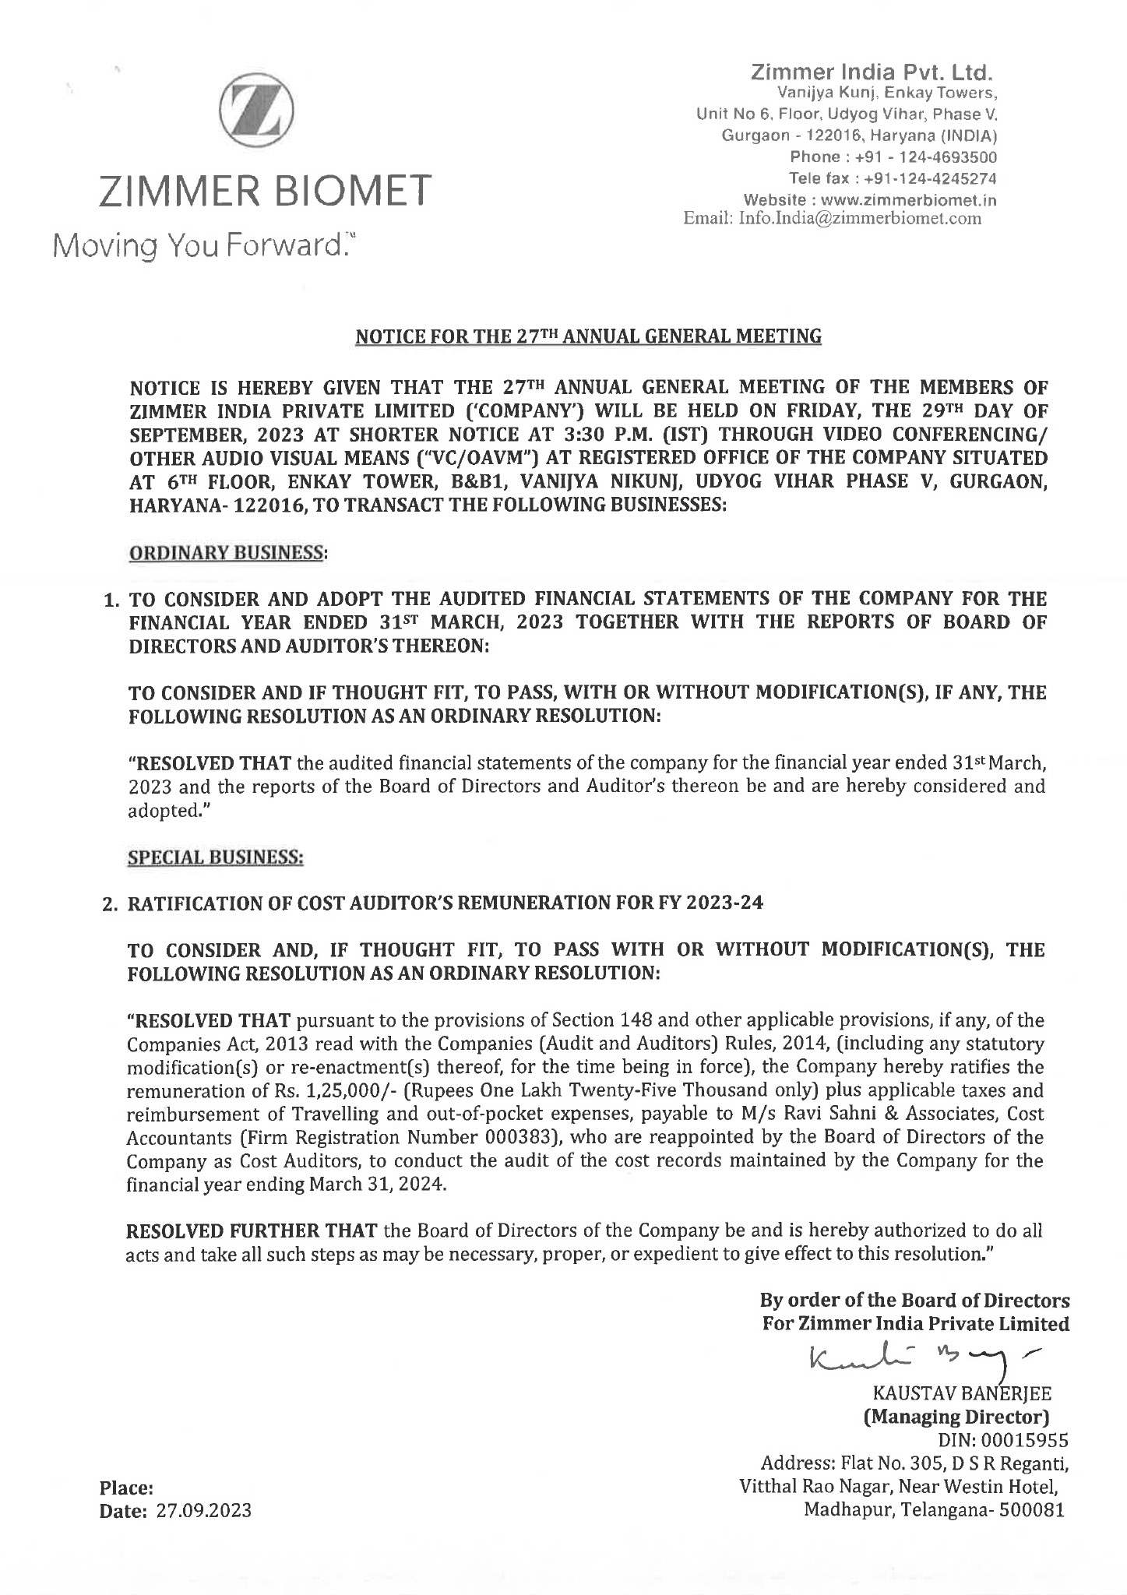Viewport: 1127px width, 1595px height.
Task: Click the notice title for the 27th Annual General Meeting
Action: click(588, 336)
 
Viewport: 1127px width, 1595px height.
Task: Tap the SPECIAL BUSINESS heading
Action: click(215, 857)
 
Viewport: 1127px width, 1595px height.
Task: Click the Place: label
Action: click(125, 1488)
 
